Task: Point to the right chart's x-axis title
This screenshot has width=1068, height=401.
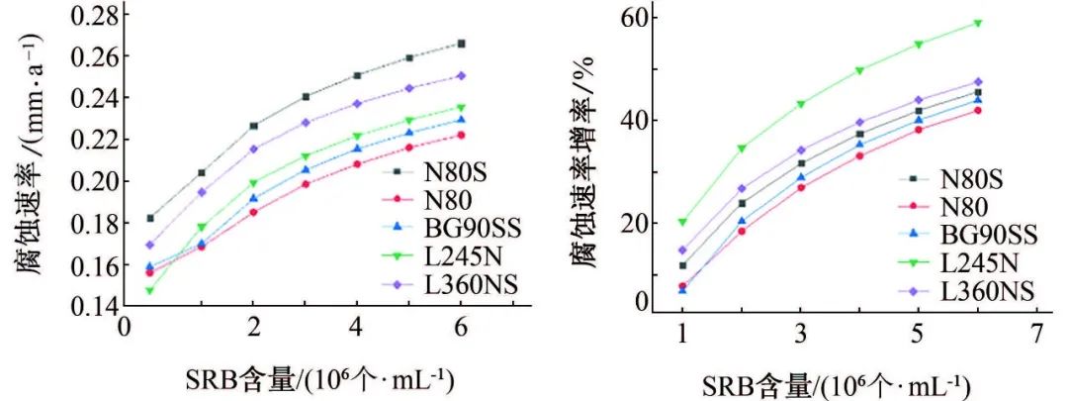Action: (837, 384)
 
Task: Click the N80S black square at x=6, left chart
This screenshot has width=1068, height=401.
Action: (461, 44)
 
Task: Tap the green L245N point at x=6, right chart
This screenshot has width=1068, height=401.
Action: (978, 23)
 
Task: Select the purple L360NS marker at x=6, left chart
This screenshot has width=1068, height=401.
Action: (461, 75)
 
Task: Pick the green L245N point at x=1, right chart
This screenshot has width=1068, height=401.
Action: (682, 222)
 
